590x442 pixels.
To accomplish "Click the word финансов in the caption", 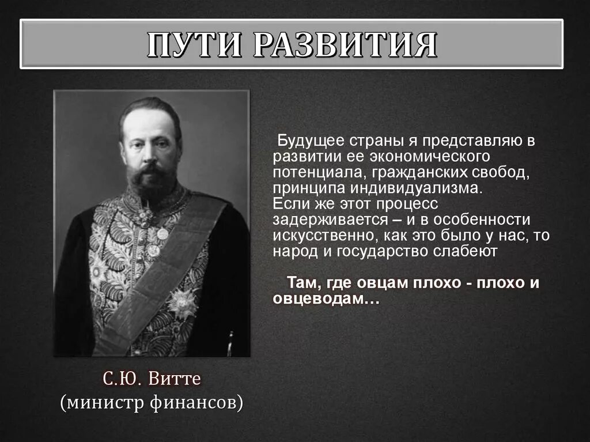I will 199,402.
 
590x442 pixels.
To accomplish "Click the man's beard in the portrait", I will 151,180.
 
